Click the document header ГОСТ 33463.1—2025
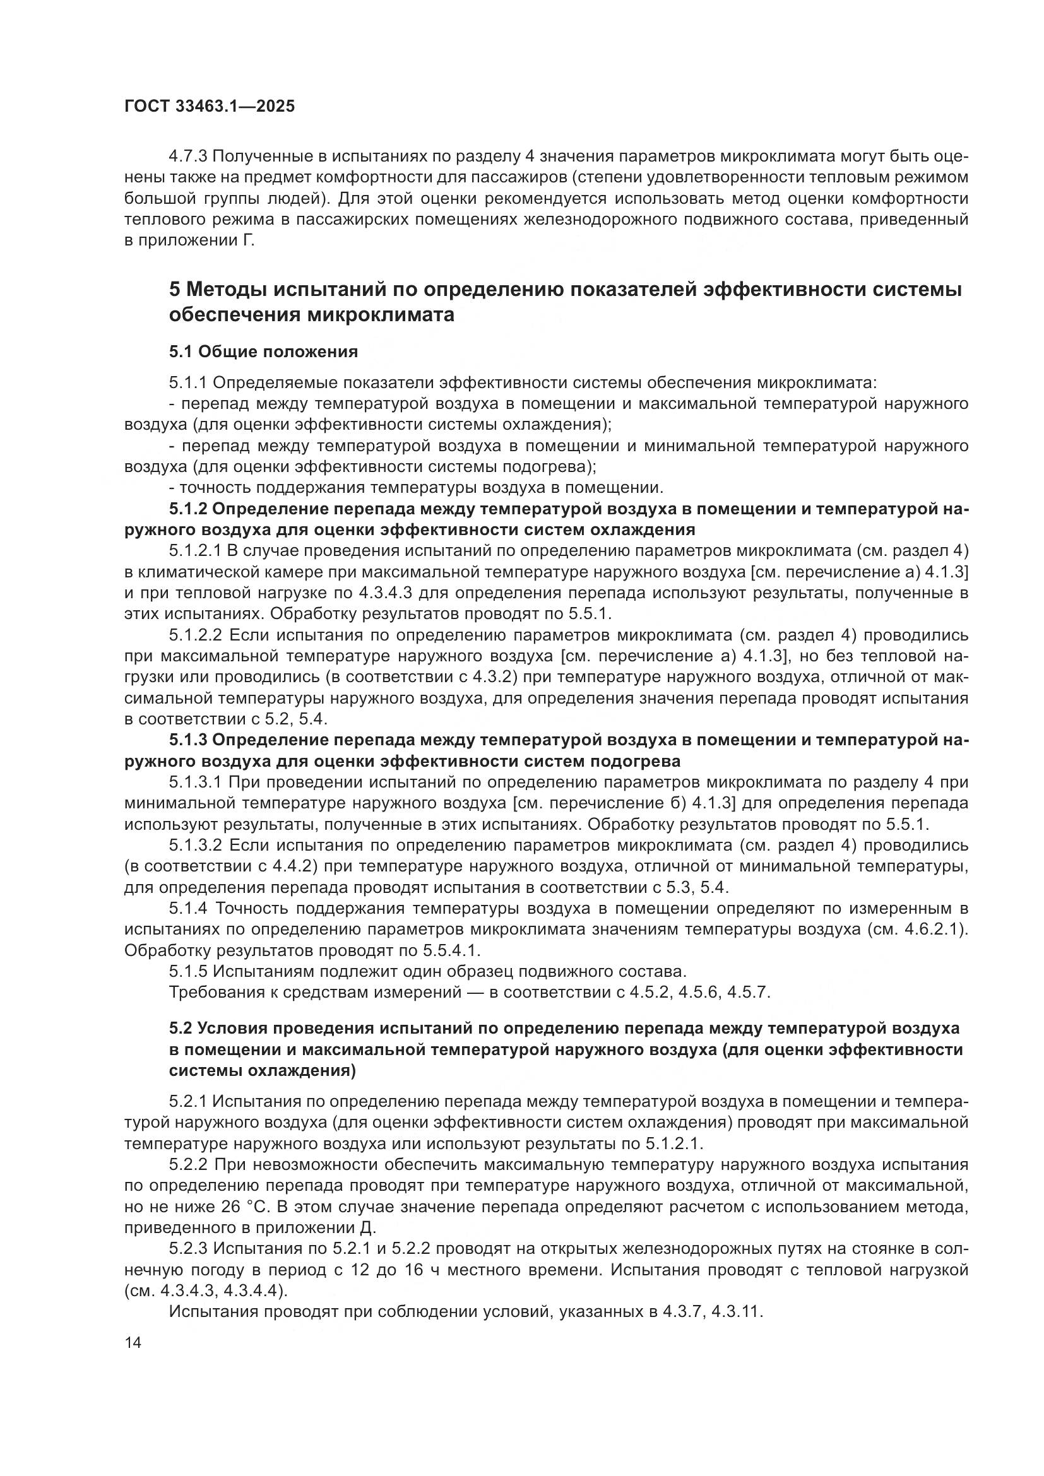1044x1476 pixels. pyautogui.click(x=210, y=107)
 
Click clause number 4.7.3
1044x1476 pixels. pyautogui.click(x=188, y=156)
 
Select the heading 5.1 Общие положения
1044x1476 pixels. pyautogui.click(x=264, y=351)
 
